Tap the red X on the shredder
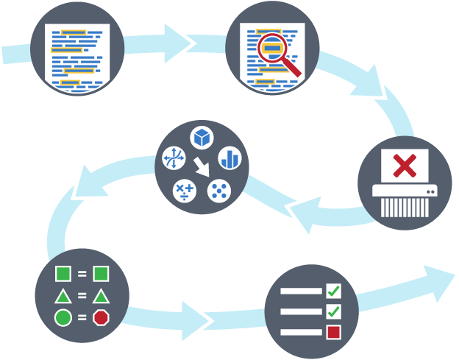point(404,165)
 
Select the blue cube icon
point(202,137)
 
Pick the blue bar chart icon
point(230,158)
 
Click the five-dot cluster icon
point(219,191)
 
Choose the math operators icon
point(184,191)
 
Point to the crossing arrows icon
point(174,158)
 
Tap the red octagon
point(101,318)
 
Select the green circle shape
point(63,318)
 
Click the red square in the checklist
point(333,331)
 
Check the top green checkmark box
point(333,290)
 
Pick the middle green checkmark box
point(333,311)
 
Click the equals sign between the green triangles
point(82,297)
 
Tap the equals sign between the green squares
point(82,275)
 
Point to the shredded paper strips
point(402,207)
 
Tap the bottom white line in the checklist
point(301,331)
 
